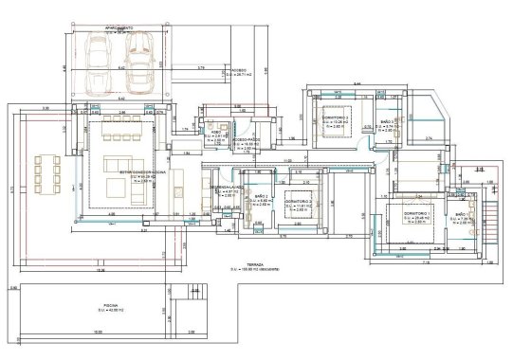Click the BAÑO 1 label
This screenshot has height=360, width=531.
pos(461,215)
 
